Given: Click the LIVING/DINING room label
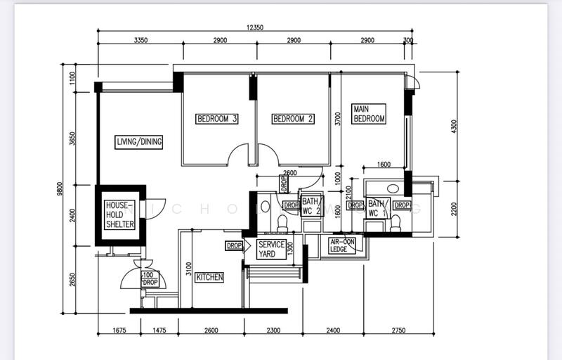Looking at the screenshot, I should (x=139, y=142).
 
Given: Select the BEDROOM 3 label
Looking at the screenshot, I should (x=216, y=119).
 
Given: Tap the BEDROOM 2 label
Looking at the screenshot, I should (x=292, y=119).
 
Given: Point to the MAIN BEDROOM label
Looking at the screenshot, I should (x=369, y=114).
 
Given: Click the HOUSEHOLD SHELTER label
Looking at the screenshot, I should (x=119, y=214).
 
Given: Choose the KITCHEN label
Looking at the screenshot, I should (x=209, y=277).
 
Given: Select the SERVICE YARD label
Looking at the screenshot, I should (x=271, y=249).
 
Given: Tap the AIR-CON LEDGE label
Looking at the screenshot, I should (x=342, y=245).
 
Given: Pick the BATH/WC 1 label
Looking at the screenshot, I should (x=377, y=208).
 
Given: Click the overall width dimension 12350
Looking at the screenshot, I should (x=254, y=27).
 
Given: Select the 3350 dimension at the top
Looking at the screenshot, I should (x=140, y=41).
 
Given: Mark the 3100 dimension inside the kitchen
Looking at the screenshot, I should (x=188, y=268).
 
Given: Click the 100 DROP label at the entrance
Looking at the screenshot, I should (x=149, y=278).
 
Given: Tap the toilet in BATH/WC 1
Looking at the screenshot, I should (x=395, y=224).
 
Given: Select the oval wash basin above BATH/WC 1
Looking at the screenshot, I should (x=393, y=188).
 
